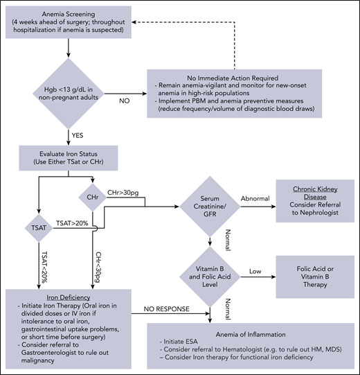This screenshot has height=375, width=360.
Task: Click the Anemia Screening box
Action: point(69,24)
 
